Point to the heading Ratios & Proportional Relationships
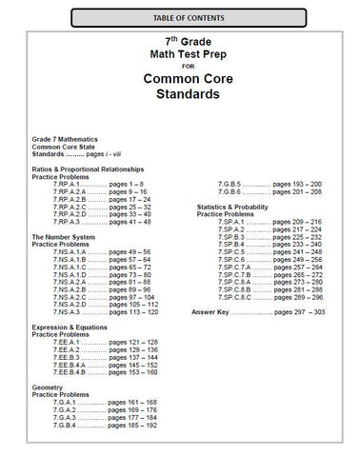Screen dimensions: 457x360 coord(90,167)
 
